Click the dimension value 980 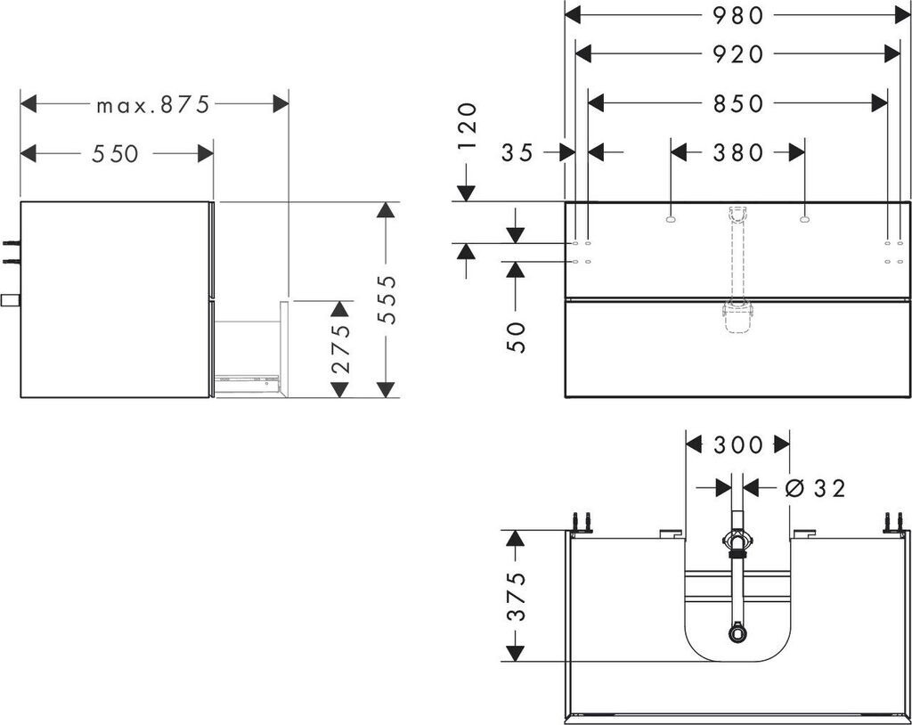(738, 15)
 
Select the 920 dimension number (738, 54)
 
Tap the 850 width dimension (738, 103)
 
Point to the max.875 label (153, 104)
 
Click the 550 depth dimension (116, 153)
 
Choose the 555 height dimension (386, 299)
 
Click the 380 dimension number (738, 153)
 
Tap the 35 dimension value (517, 153)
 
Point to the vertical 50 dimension (517, 337)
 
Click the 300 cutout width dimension (738, 444)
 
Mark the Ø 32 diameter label (816, 487)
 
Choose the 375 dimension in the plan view (516, 597)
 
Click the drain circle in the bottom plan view (737, 634)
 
